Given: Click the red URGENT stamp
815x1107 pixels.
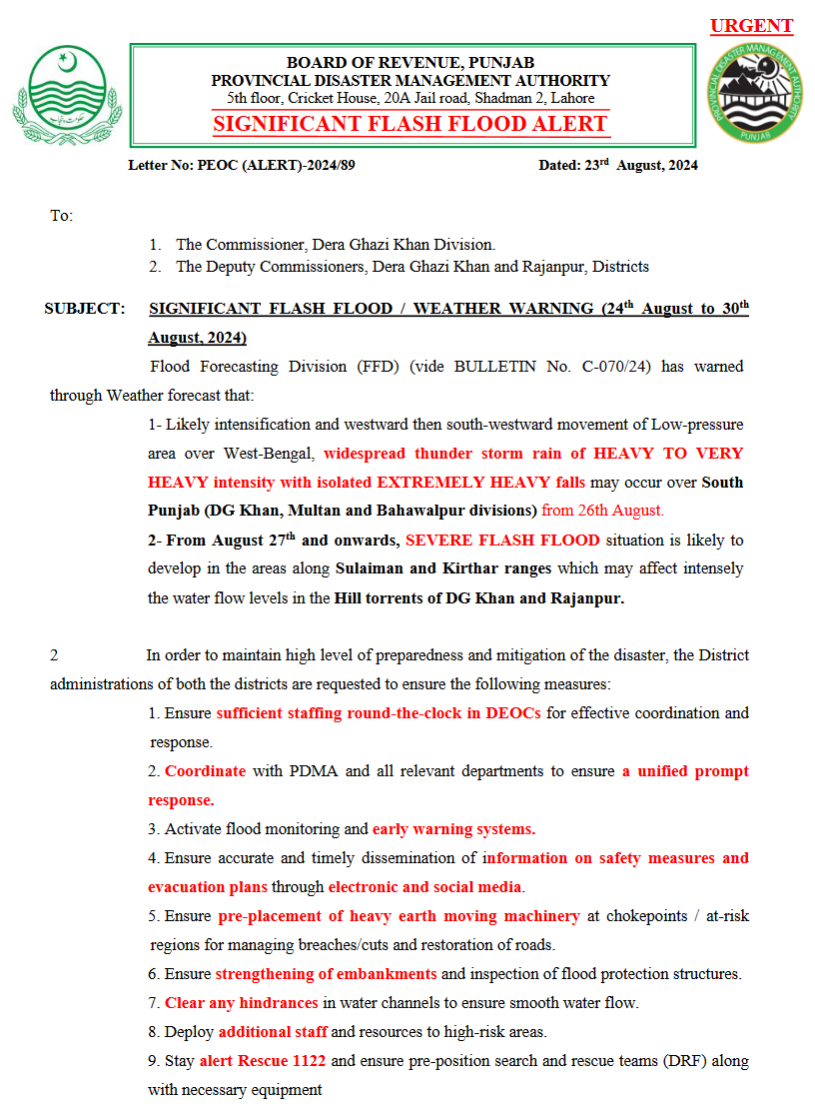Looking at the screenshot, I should click(751, 27).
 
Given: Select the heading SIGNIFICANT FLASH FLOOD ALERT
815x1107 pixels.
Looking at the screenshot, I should click(410, 124).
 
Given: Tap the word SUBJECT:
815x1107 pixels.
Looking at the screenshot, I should click(85, 309).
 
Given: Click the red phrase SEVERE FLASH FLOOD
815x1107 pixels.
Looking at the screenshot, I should click(503, 541).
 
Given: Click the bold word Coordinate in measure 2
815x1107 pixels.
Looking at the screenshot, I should click(206, 771).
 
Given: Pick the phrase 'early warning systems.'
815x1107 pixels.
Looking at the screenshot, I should click(454, 829).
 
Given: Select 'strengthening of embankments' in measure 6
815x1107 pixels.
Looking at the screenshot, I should click(327, 974).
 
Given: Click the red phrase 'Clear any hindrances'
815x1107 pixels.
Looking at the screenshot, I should click(242, 1003).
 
